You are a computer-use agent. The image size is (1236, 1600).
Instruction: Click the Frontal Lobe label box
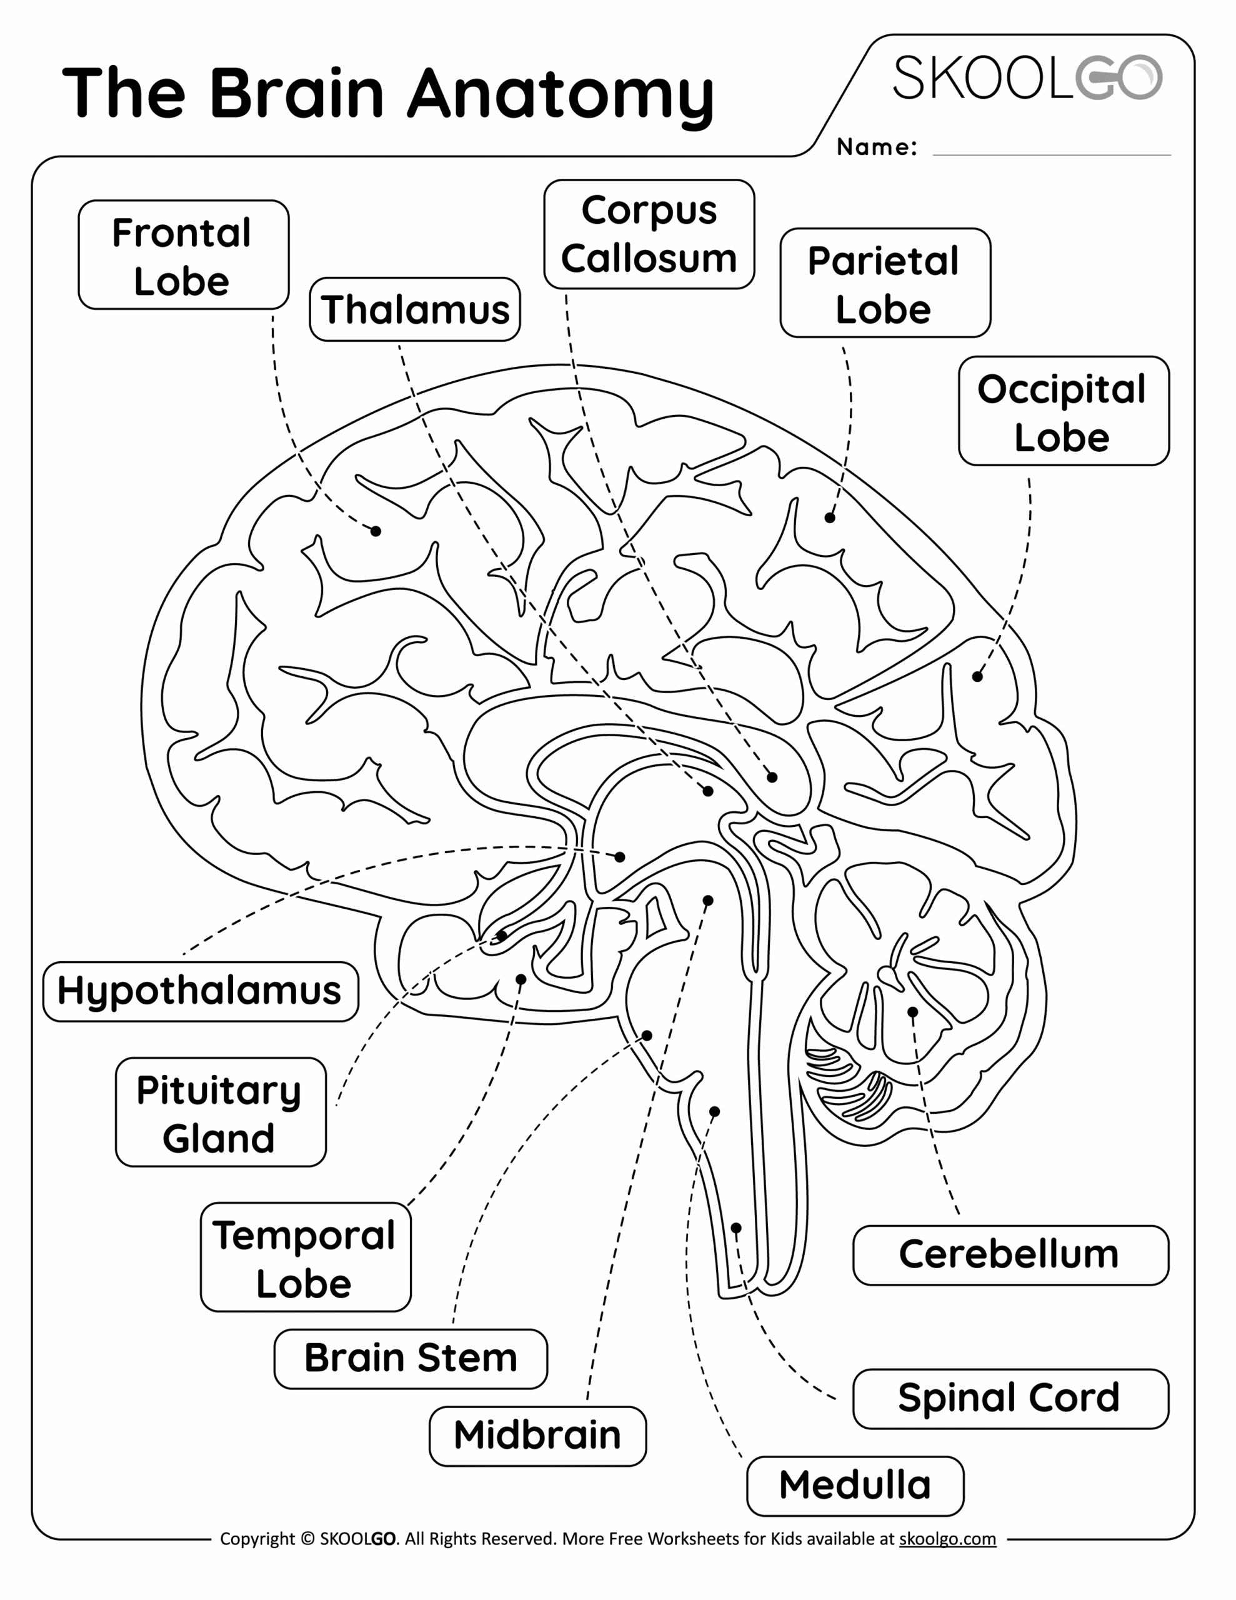coord(183,255)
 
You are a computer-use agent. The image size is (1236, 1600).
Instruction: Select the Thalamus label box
coord(415,309)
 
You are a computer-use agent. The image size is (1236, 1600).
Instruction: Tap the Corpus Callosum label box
coord(649,234)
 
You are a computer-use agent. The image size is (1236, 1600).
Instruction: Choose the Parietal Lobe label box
coord(885,284)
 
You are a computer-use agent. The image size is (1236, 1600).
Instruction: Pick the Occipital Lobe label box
coord(1063,412)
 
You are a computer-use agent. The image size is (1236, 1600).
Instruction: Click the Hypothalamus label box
coord(200,991)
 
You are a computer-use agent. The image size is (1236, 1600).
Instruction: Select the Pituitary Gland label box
coord(221,1112)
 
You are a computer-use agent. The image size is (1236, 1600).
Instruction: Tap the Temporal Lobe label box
coord(306,1258)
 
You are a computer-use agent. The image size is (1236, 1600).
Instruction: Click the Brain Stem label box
coord(411,1358)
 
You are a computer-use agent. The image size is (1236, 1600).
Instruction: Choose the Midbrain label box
coord(537,1435)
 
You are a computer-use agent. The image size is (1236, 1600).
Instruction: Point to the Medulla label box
coord(854,1485)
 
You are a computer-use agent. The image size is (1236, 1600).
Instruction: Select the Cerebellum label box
coord(1010,1254)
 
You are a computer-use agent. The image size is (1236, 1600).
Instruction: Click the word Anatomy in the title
coord(561,94)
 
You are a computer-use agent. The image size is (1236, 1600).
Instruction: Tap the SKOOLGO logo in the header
coord(1027,77)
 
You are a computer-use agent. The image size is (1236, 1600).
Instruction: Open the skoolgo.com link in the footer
coord(947,1539)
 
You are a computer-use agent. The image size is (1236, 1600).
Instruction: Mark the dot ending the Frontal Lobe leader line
coord(376,531)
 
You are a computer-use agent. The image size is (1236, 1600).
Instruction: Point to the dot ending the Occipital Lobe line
coord(977,677)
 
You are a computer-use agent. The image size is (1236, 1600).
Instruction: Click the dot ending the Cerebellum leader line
coord(912,1012)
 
